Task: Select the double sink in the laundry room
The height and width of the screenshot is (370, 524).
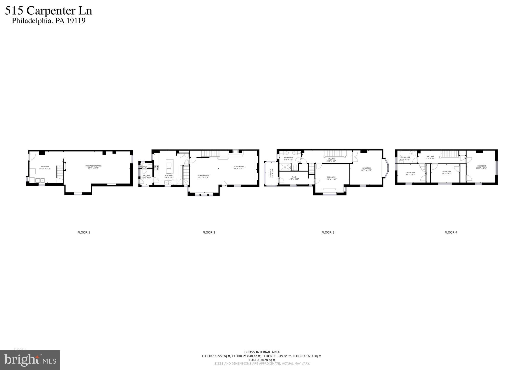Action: tap(40, 181)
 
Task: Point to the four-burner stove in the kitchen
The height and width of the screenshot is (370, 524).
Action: tap(156, 167)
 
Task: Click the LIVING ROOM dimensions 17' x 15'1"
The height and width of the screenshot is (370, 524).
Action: tap(238, 169)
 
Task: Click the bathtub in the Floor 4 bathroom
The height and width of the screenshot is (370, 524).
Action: tap(406, 154)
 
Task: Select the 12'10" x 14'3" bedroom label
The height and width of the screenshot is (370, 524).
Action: tap(481, 167)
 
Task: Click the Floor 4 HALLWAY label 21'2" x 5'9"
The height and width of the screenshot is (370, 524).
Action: tap(430, 157)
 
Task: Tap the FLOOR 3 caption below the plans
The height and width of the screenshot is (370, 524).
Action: tap(328, 233)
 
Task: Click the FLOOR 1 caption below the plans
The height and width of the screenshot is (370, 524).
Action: tap(84, 233)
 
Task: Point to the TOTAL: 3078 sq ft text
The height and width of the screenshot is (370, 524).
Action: tap(262, 360)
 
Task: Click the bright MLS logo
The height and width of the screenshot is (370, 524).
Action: tap(30, 360)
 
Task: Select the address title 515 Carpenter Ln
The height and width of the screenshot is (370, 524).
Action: tap(49, 11)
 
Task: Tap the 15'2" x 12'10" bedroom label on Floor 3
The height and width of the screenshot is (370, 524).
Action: tap(331, 178)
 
